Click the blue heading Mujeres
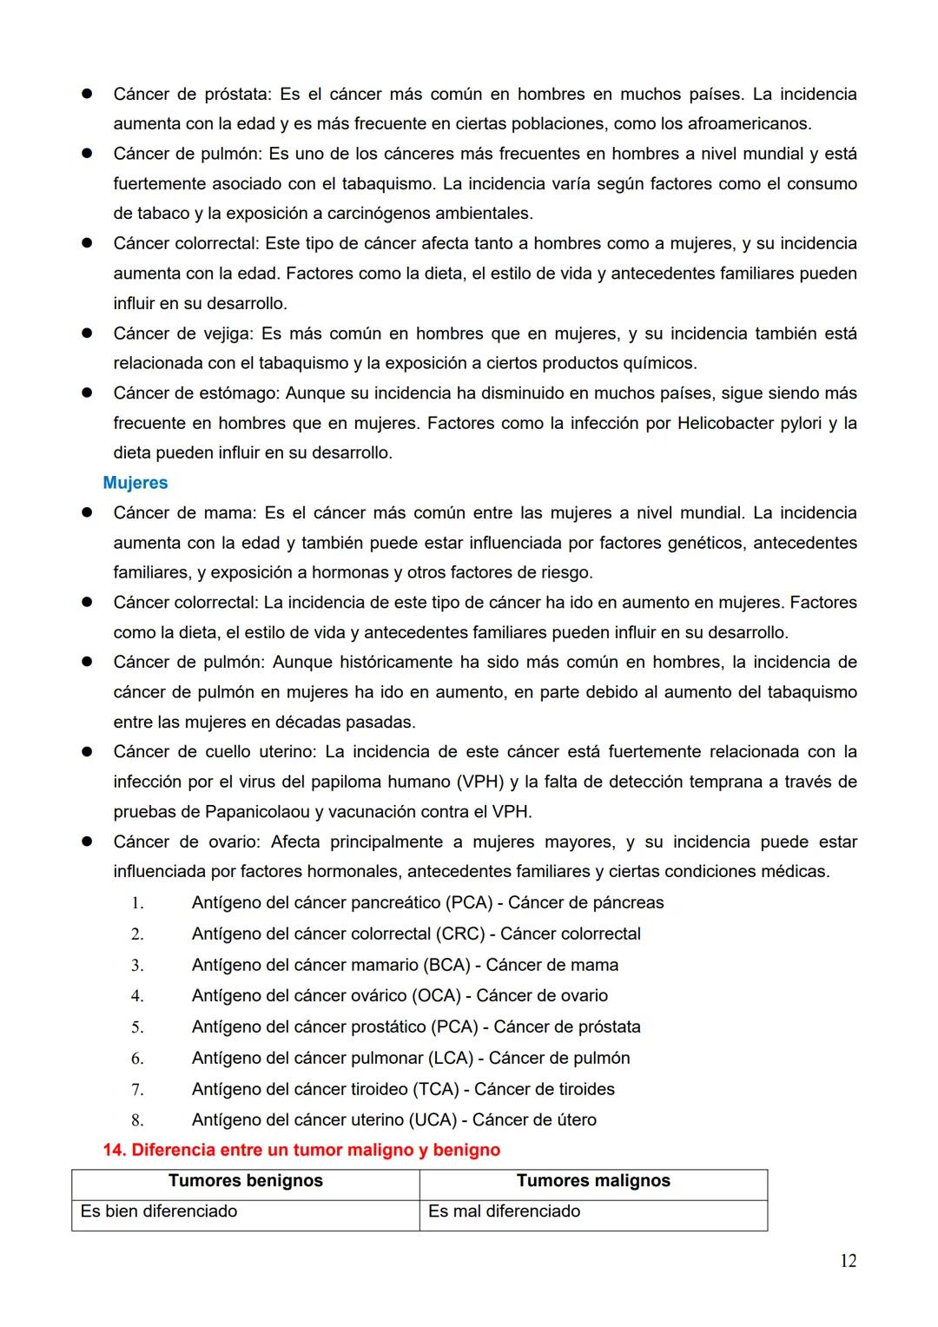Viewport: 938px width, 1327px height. (135, 483)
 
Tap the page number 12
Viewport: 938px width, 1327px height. (848, 1261)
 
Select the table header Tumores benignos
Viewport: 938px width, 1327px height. (245, 1181)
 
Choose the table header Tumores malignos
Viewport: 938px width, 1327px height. (593, 1181)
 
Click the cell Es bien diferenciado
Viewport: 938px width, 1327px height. (159, 1211)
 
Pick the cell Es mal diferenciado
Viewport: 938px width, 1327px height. (504, 1211)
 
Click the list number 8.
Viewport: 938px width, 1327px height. (137, 1120)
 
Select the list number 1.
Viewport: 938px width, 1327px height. (137, 903)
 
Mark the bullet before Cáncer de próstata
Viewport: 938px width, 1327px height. (87, 94)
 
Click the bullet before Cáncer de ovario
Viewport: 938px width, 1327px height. (87, 842)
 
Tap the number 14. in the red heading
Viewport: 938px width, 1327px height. (116, 1151)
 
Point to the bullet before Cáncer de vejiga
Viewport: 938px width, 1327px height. (87, 333)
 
